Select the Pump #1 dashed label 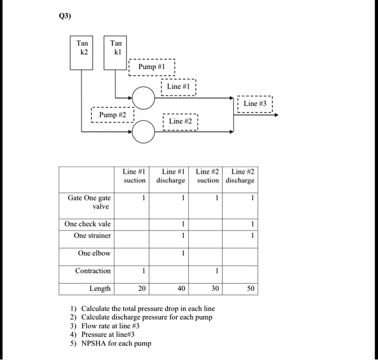(151, 67)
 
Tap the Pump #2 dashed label (112, 115)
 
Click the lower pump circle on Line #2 (144, 132)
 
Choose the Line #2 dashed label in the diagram (181, 121)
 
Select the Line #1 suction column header (134, 176)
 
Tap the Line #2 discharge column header (240, 176)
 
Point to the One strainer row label (92, 236)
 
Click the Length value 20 (141, 289)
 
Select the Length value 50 (251, 289)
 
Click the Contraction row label (93, 271)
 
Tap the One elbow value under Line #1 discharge (184, 253)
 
